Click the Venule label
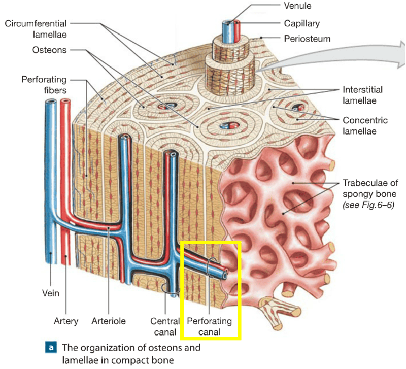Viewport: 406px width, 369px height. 298,6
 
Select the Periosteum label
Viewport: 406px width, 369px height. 307,39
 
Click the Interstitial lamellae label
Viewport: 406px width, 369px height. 362,95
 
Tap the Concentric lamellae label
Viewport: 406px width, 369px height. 365,125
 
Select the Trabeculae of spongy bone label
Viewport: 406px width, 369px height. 369,187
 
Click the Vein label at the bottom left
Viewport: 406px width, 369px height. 50,293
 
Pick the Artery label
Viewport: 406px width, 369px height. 66,321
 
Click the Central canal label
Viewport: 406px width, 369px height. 165,326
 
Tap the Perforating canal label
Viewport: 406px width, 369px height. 209,326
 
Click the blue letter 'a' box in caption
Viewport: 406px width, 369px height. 51,348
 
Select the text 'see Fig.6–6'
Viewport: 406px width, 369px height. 368,205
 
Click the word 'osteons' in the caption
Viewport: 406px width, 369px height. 155,348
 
